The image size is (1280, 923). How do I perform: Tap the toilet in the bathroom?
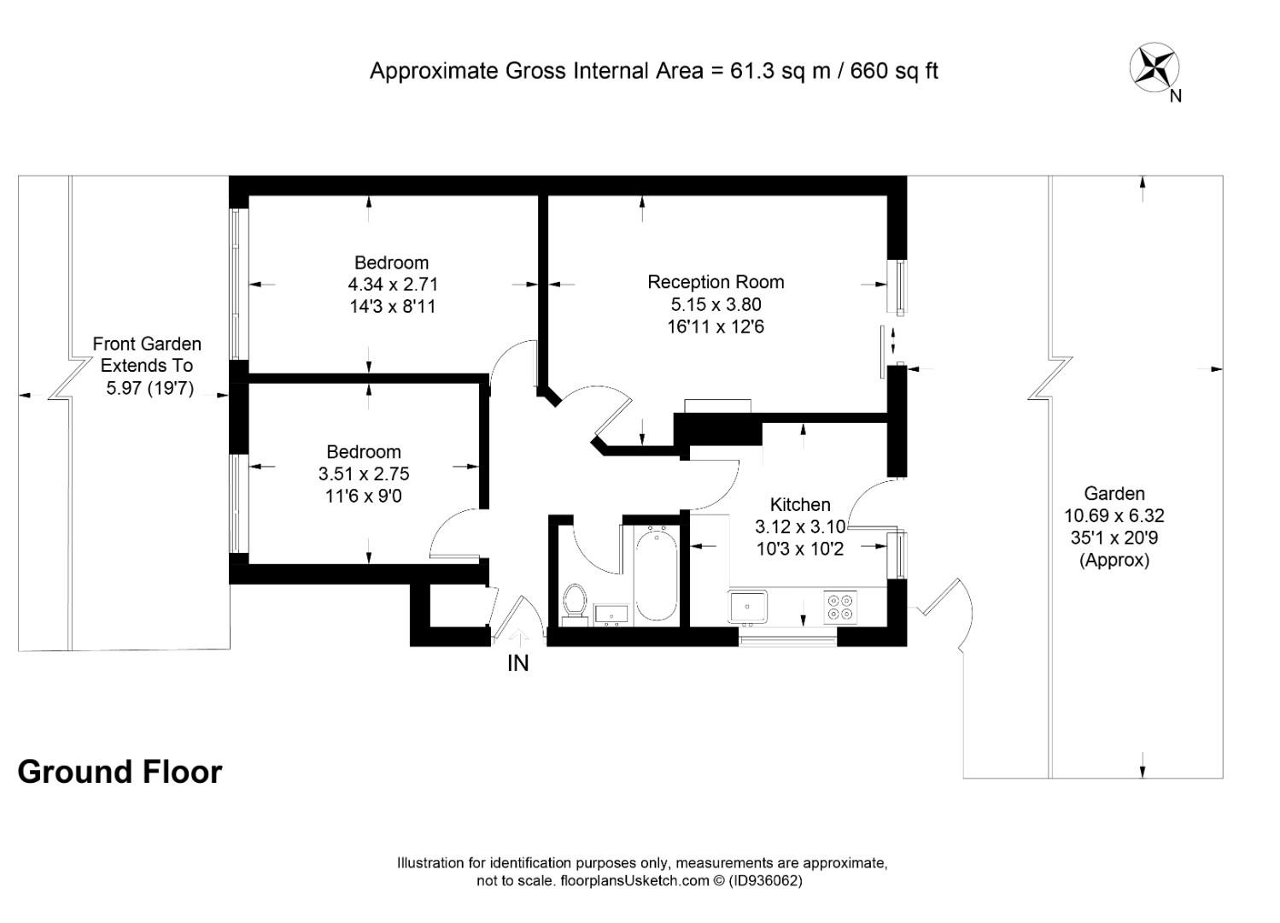574,602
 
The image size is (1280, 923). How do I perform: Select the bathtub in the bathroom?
656,573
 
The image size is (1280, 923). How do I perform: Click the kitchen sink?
749,607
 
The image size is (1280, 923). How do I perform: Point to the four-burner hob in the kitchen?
839,607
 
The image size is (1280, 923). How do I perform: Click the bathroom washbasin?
611,614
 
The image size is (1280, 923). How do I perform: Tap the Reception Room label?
716,282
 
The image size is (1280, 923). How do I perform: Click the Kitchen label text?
800,504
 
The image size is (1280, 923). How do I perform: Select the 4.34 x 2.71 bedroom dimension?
393,285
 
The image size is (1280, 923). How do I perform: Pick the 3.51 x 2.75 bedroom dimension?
364,473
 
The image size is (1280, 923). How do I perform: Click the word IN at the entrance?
518,663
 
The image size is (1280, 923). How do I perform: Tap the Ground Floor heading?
120,772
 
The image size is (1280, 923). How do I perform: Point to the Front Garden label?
147,344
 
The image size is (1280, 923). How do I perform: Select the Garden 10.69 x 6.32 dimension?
1114,516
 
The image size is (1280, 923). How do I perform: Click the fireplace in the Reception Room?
717,406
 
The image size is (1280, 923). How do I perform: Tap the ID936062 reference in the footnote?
766,881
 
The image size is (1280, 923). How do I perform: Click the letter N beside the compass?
1176,97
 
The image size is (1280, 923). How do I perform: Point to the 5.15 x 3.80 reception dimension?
716,304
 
